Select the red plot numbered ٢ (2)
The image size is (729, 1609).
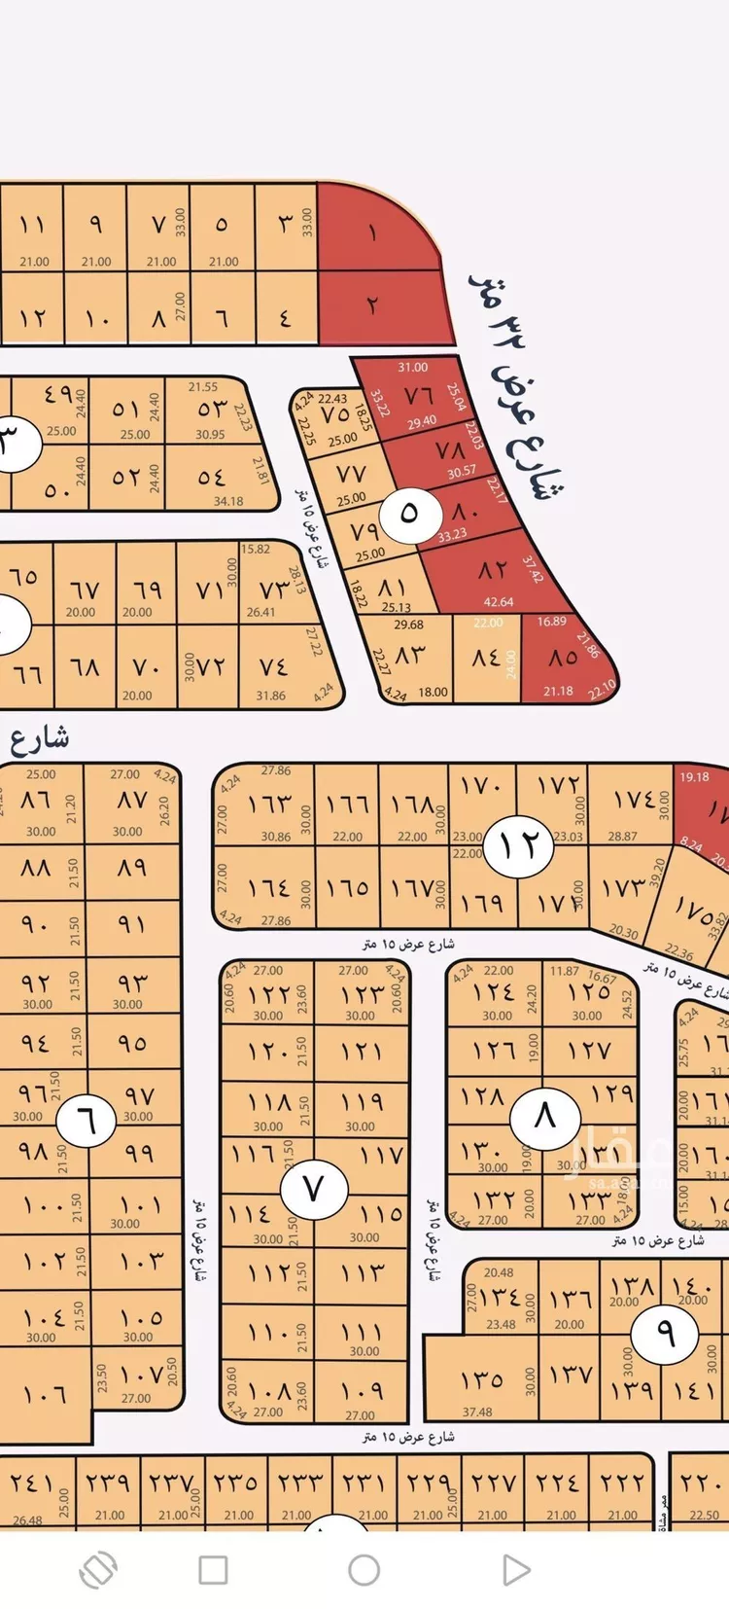(374, 305)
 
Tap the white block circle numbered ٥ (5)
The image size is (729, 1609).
(408, 513)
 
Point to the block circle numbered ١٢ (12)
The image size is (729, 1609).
(520, 844)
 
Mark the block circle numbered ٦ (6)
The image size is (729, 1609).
(87, 1122)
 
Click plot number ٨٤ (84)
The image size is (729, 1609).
(486, 660)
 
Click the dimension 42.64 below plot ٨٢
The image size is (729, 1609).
(498, 602)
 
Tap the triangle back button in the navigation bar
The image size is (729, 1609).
(516, 1569)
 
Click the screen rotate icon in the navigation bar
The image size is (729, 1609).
(98, 1569)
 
